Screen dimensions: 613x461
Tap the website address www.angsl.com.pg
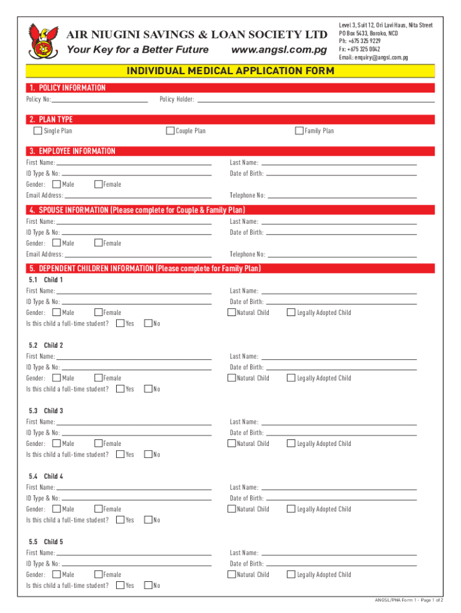pyautogui.click(x=279, y=50)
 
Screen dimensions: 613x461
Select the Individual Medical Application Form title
pyautogui.click(x=230, y=71)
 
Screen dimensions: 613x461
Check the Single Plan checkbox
pyautogui.click(x=38, y=131)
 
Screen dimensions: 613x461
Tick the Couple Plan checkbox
pyautogui.click(x=170, y=131)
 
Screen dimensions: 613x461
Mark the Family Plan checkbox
pyautogui.click(x=299, y=131)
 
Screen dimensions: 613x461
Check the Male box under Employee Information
pyautogui.click(x=57, y=184)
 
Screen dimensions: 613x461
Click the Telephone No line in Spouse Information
pyautogui.click(x=342, y=254)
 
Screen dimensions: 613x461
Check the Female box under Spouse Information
pyautogui.click(x=99, y=243)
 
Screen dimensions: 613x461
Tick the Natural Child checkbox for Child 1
pyautogui.click(x=232, y=312)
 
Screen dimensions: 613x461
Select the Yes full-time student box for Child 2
pyautogui.click(x=120, y=389)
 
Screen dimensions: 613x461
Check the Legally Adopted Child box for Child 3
pyautogui.click(x=292, y=443)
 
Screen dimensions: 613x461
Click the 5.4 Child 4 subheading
pyautogui.click(x=46, y=477)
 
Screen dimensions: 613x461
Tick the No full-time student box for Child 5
pyautogui.click(x=149, y=585)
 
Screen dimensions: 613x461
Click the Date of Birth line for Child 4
pyautogui.click(x=341, y=498)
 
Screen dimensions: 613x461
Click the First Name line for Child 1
pyautogui.click(x=134, y=291)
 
